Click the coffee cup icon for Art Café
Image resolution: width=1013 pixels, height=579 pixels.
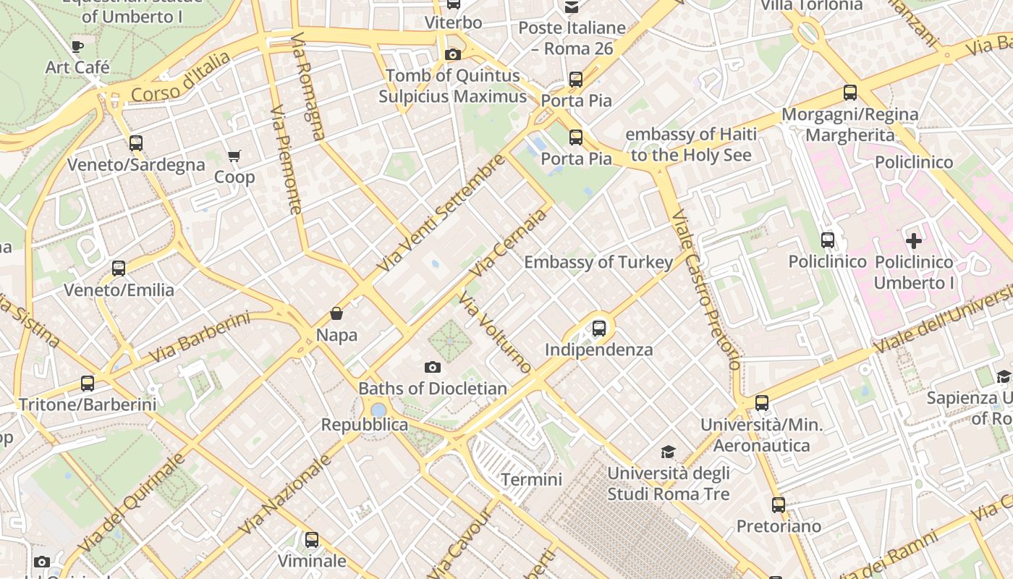(x=77, y=47)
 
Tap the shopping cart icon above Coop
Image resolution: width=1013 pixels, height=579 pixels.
(x=234, y=156)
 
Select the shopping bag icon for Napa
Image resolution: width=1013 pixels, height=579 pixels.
(x=336, y=313)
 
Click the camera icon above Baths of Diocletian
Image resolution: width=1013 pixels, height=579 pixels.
(x=433, y=367)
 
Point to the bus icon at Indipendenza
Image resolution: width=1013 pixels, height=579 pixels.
(x=599, y=328)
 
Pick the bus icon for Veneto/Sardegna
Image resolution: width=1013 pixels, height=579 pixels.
(x=136, y=143)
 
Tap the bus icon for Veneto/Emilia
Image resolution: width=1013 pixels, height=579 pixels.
(x=119, y=269)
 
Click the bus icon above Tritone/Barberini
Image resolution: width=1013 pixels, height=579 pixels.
(x=88, y=383)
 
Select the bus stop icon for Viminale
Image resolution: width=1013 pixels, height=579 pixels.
(x=312, y=539)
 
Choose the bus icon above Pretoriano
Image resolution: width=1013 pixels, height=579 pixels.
(x=779, y=504)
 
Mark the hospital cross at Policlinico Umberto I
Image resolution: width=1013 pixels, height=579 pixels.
(x=914, y=240)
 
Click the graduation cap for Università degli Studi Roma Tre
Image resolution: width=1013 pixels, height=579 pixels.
(x=668, y=452)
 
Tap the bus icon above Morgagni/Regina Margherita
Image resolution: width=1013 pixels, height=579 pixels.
(x=850, y=93)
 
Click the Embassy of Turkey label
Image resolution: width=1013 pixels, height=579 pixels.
(x=598, y=262)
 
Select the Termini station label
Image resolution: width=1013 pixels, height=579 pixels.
(x=531, y=479)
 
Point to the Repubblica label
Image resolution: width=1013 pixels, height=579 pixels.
(x=365, y=425)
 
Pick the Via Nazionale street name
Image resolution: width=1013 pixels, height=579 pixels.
(x=284, y=494)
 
